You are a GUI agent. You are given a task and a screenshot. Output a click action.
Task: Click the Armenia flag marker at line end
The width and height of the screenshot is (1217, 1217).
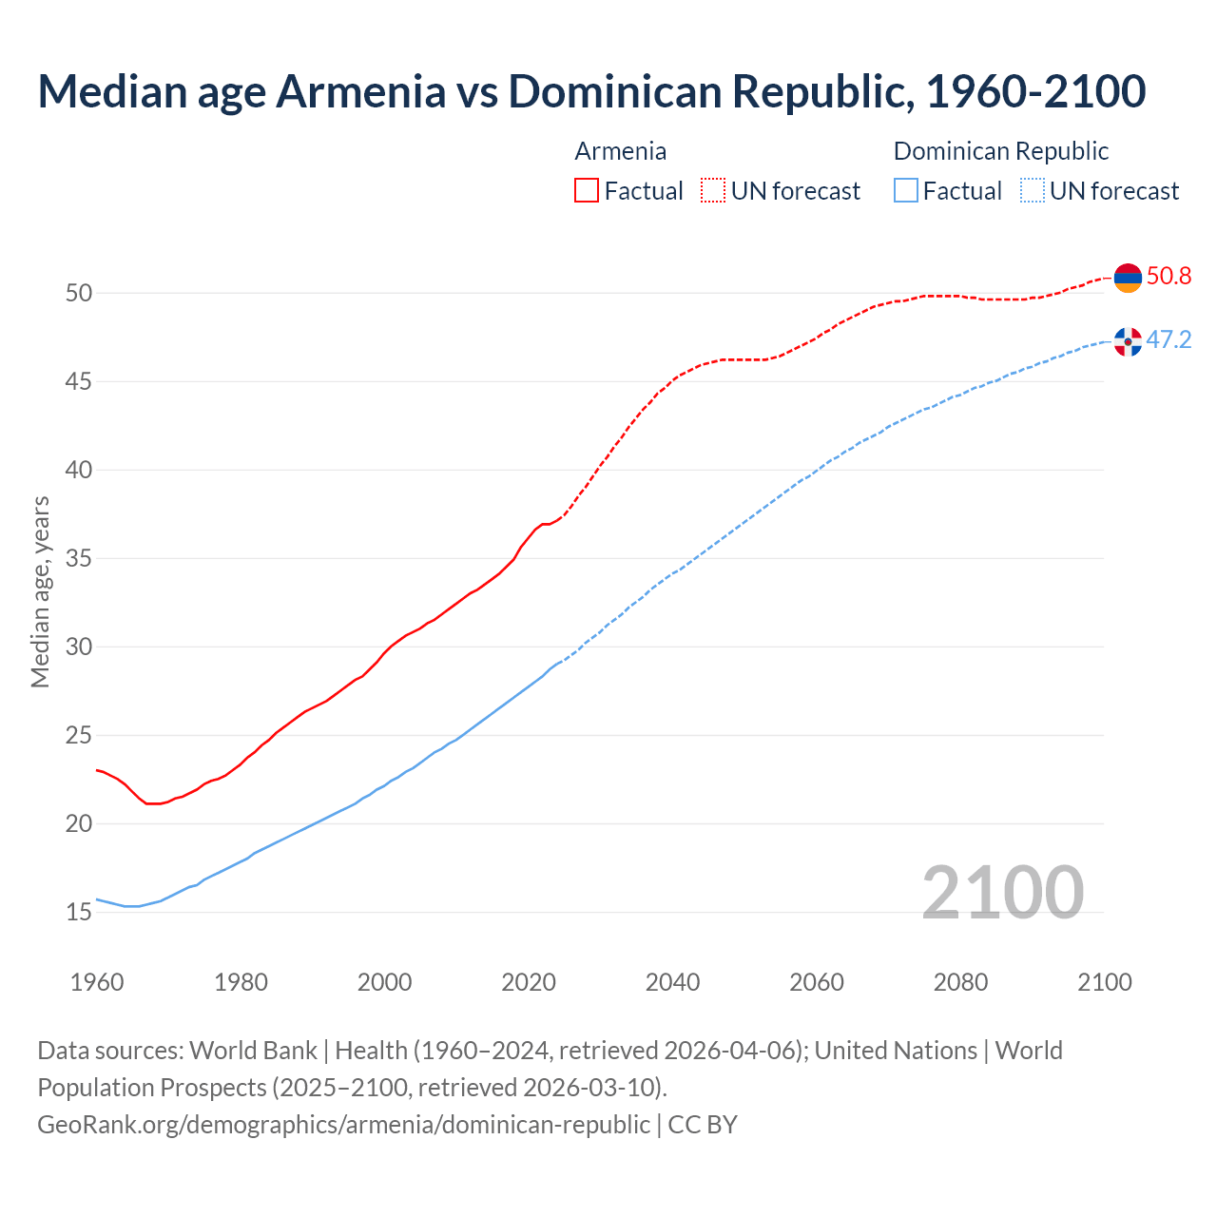point(1128,278)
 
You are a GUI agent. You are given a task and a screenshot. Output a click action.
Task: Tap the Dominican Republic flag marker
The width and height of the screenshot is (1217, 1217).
point(1128,341)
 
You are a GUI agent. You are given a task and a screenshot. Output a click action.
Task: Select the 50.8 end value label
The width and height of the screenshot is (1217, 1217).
point(1169,277)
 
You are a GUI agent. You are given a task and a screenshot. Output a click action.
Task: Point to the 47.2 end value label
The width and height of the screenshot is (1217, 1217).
point(1169,340)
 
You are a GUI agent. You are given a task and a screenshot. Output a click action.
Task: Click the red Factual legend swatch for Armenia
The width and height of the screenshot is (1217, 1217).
point(587,191)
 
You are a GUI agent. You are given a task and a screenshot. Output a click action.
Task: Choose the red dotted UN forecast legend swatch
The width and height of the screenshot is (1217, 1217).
point(713,191)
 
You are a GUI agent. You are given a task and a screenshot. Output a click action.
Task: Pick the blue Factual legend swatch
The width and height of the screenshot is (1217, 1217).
point(906,191)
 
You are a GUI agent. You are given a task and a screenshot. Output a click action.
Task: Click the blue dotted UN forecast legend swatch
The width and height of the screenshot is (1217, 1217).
point(1032,191)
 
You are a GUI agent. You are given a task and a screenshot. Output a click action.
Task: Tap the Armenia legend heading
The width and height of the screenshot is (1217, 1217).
point(621,151)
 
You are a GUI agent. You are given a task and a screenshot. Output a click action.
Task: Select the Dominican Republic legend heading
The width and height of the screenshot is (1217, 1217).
point(1001,151)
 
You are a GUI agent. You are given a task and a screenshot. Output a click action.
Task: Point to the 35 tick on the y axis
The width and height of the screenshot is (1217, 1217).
point(79,558)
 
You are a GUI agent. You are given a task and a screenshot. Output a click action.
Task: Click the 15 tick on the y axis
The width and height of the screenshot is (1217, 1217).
point(79,913)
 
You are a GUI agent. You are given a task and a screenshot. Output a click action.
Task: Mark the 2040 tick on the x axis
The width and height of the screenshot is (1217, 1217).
point(672,982)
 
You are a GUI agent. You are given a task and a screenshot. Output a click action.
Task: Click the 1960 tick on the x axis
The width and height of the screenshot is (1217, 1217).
point(97,982)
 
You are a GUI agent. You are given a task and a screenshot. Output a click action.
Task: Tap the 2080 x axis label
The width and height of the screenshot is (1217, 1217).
point(960,982)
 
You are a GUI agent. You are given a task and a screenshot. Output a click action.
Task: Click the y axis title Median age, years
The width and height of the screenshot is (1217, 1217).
point(40,591)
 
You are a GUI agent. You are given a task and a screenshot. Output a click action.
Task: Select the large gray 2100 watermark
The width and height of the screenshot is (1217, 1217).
point(1002,892)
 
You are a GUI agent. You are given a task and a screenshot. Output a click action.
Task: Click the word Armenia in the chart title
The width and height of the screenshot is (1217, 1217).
point(360,91)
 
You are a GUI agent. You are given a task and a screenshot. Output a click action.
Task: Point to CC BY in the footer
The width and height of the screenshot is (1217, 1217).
point(703,1125)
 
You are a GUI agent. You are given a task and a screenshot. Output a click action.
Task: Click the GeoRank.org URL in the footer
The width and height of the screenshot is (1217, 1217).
point(343,1125)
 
